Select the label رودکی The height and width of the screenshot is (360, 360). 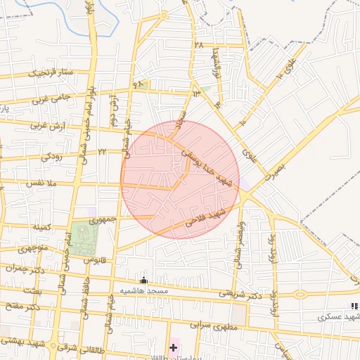(x=51, y=156)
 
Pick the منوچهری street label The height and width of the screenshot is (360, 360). (x=33, y=248)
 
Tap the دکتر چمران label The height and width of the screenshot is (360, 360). (x=25, y=267)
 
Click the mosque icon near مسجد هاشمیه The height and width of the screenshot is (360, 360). (x=144, y=281)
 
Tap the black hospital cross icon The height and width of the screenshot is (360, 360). (x=174, y=347)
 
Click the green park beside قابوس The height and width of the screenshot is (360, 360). (x=84, y=238)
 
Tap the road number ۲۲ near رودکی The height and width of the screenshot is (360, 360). (x=102, y=150)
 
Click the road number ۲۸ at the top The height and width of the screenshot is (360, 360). (x=198, y=45)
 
